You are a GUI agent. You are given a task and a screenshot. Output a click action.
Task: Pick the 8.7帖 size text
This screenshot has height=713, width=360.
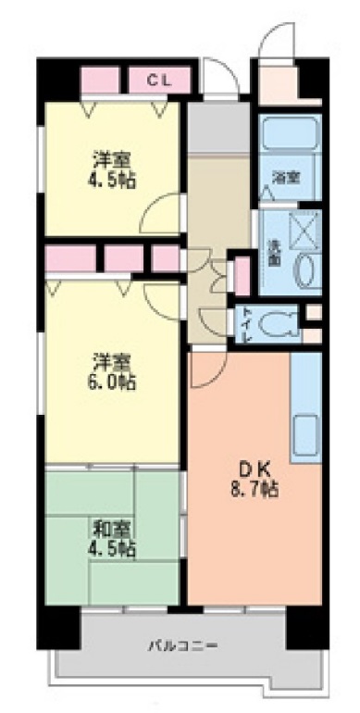256,488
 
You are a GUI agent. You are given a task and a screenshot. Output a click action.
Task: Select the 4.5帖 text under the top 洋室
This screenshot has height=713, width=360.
114,178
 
